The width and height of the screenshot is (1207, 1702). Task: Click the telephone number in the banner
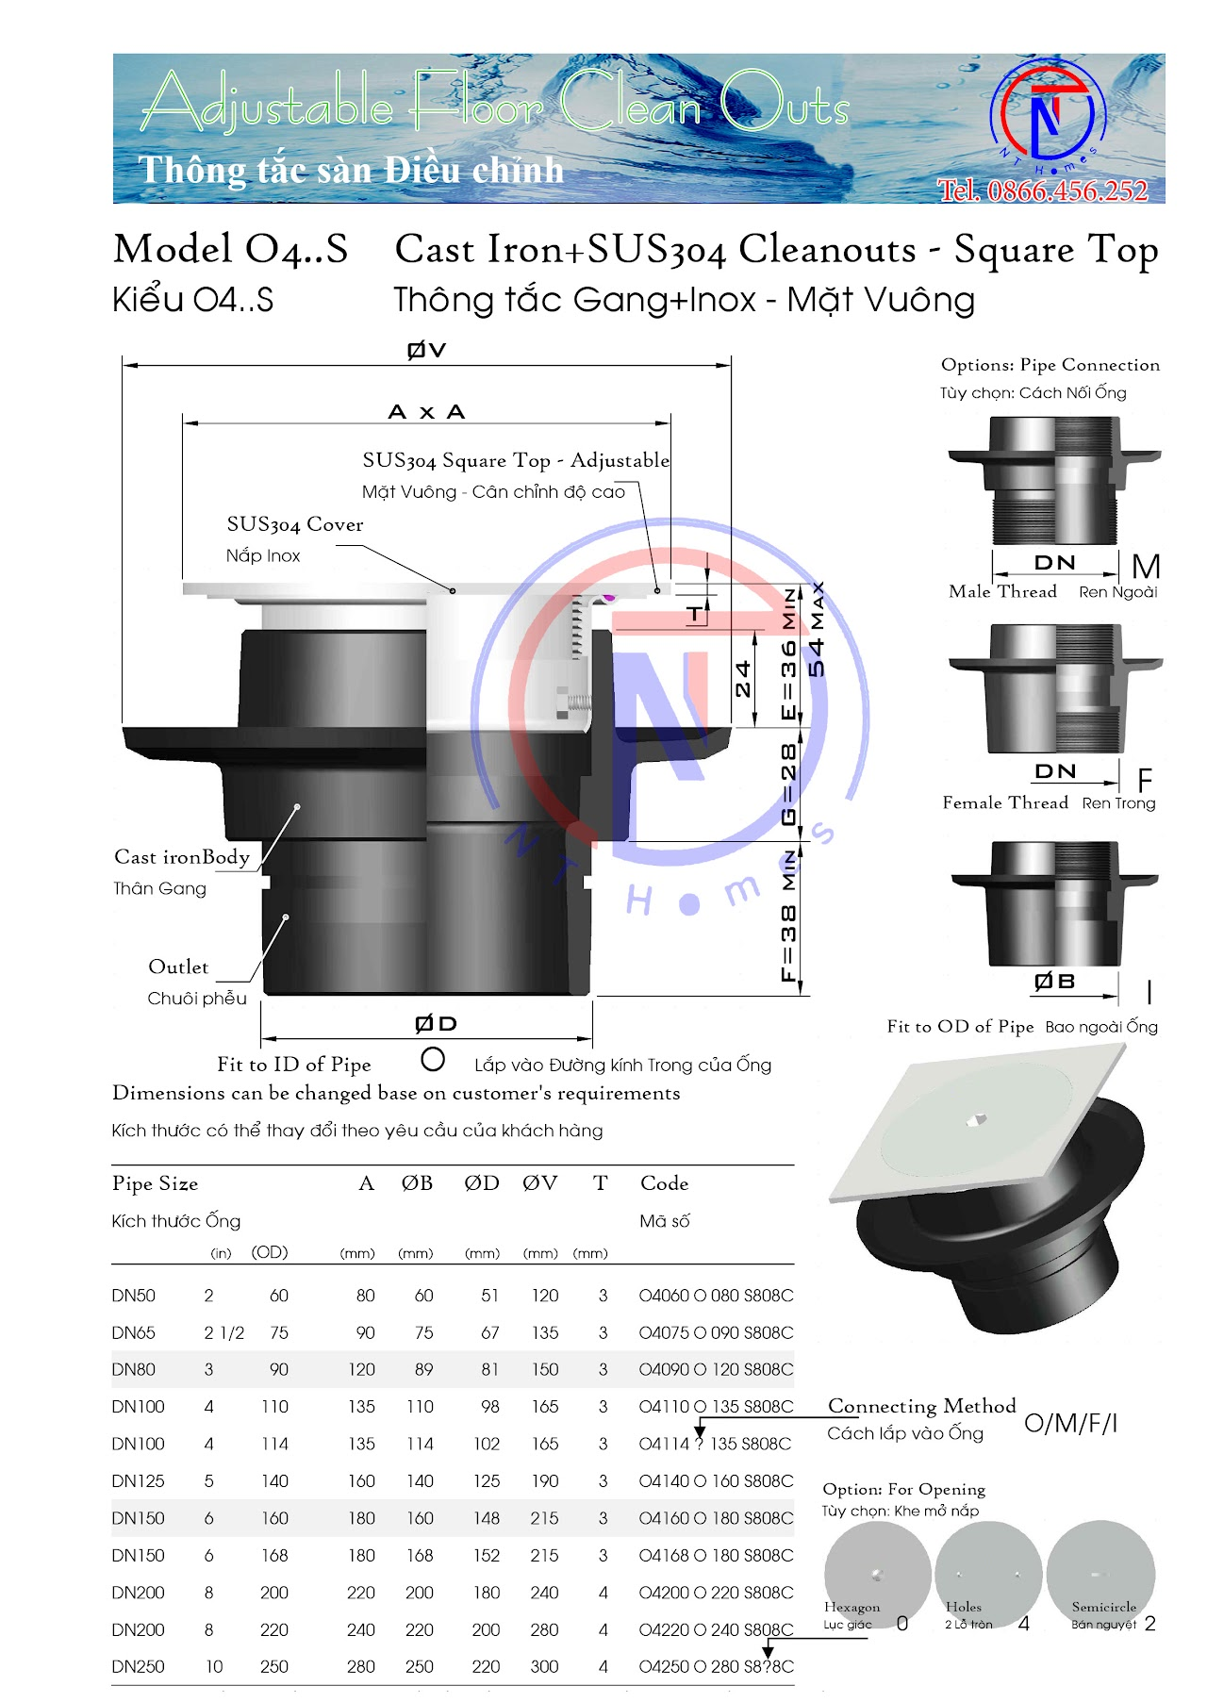click(1042, 191)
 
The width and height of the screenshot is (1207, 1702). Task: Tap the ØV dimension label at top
click(426, 350)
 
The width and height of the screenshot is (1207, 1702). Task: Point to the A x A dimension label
click(426, 412)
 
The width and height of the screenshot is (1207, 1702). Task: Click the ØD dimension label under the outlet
click(436, 1024)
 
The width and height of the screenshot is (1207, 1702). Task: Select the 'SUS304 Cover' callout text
click(294, 524)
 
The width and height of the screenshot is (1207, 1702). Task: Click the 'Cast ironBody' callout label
click(182, 857)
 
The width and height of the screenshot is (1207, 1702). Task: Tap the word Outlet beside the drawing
click(178, 967)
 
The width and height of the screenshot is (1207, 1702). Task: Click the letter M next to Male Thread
click(1145, 568)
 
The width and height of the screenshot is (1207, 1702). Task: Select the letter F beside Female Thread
click(1145, 781)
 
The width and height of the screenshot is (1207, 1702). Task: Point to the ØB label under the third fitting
click(1054, 982)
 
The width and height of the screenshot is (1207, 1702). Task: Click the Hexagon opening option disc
click(877, 1573)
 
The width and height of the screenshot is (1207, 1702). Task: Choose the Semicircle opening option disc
click(1100, 1573)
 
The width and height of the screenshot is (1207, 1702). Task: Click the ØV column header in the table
click(539, 1183)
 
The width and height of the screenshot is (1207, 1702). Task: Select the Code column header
click(664, 1183)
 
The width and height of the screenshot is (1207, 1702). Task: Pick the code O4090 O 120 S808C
click(716, 1370)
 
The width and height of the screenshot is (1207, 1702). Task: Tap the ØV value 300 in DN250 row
click(544, 1667)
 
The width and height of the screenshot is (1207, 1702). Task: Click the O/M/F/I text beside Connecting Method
click(1070, 1423)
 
